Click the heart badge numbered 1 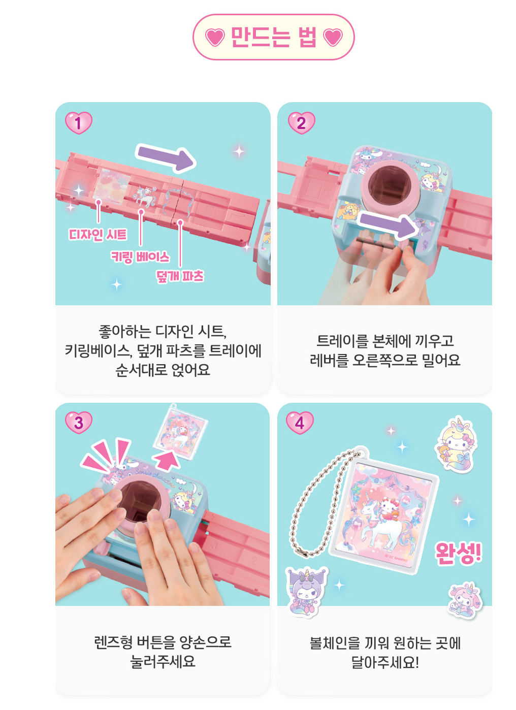point(78,123)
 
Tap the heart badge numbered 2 point(301,123)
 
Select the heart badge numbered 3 point(78,423)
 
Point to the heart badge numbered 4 point(300,423)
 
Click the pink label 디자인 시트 point(98,235)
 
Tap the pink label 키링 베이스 point(140,256)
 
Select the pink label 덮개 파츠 point(180,276)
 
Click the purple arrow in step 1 point(166,158)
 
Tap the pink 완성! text point(459,553)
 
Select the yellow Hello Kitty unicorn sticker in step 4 point(456,444)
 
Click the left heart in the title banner point(215,37)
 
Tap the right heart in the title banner point(333,37)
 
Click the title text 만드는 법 point(274,37)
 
